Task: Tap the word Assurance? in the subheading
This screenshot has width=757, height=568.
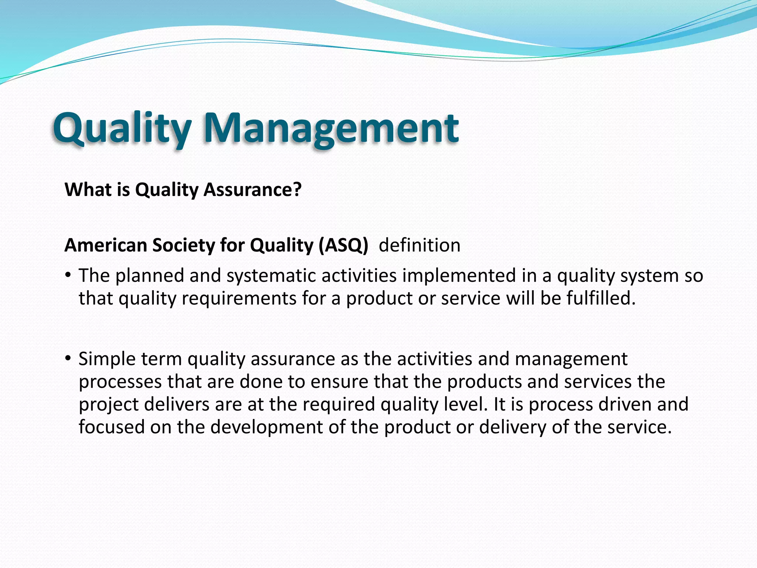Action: [x=253, y=190]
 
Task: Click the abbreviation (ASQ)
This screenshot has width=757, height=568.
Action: [x=343, y=245]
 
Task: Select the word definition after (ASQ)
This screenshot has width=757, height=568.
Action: [x=420, y=245]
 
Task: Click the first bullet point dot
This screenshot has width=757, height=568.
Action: [x=67, y=275]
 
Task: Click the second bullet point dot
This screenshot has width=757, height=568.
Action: [x=67, y=358]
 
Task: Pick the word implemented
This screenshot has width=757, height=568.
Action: [x=459, y=276]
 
